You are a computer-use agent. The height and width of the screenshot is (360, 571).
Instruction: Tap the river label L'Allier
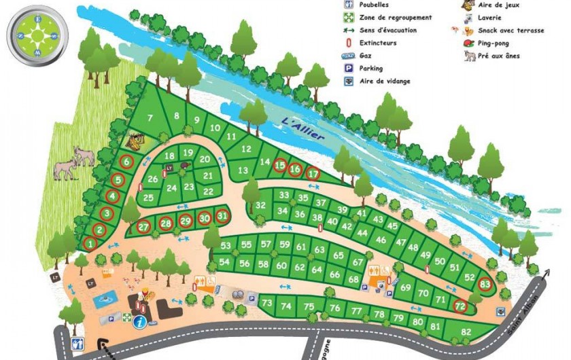coord(303,128)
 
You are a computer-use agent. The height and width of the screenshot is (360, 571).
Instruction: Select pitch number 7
coord(150,118)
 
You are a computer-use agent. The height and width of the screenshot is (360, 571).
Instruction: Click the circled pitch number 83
coord(485,284)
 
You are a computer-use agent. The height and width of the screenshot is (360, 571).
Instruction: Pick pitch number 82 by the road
coord(466,331)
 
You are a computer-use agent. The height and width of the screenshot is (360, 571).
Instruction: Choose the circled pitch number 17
coord(313,173)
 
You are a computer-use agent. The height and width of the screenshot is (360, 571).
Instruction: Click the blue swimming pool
coord(106,298)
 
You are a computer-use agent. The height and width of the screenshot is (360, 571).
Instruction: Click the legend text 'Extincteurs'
coord(379,43)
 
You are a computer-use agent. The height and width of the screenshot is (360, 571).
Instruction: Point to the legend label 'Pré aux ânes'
coord(499,56)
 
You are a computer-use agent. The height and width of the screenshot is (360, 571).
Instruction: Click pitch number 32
coord(260,205)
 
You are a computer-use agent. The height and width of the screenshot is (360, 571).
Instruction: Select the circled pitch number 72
coord(460,307)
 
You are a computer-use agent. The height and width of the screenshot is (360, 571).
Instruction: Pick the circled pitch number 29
coord(186,220)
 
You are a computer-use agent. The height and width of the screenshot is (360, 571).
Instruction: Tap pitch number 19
coord(188,152)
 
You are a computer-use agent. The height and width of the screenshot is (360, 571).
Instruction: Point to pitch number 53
coord(226,245)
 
